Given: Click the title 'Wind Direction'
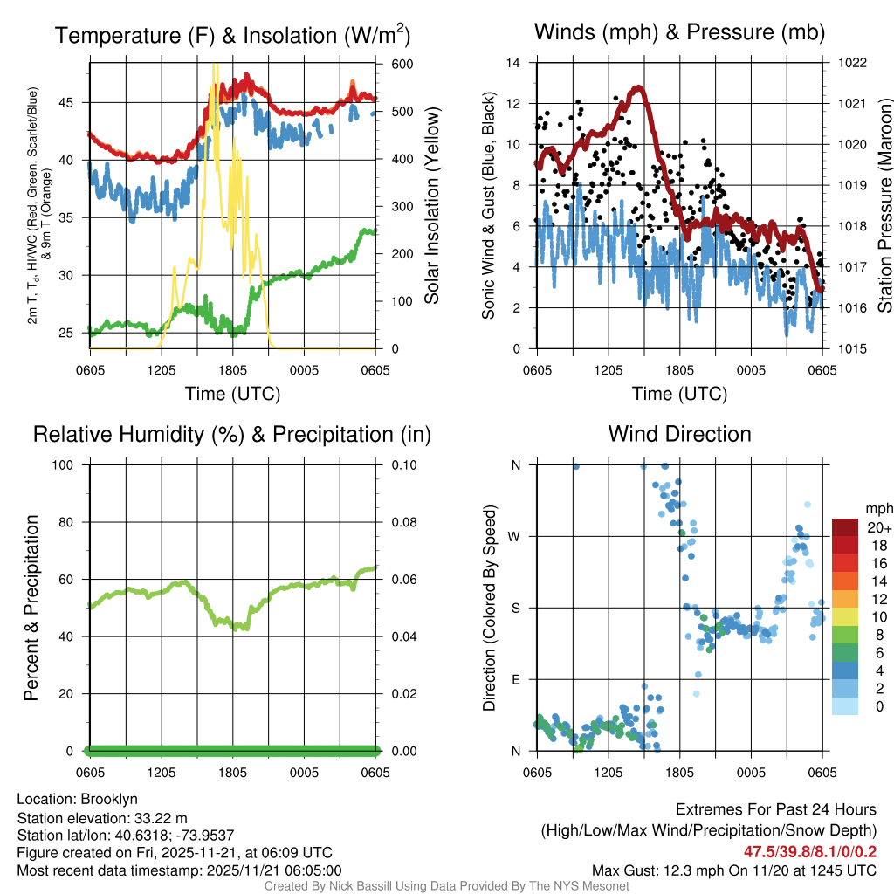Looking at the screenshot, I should coord(679,434).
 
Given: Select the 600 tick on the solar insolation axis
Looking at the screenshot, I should coord(402,65).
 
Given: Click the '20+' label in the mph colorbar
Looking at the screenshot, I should coord(877,528).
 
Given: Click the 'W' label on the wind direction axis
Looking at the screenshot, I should coord(516,536).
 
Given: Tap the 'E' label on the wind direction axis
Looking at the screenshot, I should coord(516,679).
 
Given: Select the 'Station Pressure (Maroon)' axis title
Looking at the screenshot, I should coord(884,206).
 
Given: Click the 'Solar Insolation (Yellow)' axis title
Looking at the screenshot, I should coord(431,206).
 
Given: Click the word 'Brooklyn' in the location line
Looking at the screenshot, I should coord(109,799).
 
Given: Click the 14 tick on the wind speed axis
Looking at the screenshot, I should coord(514,63).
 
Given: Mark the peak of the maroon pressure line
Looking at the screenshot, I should coord(638,86).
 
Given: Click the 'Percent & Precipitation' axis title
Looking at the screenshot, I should coord(32,608).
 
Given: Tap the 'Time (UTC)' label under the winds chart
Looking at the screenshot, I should coord(679,394).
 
